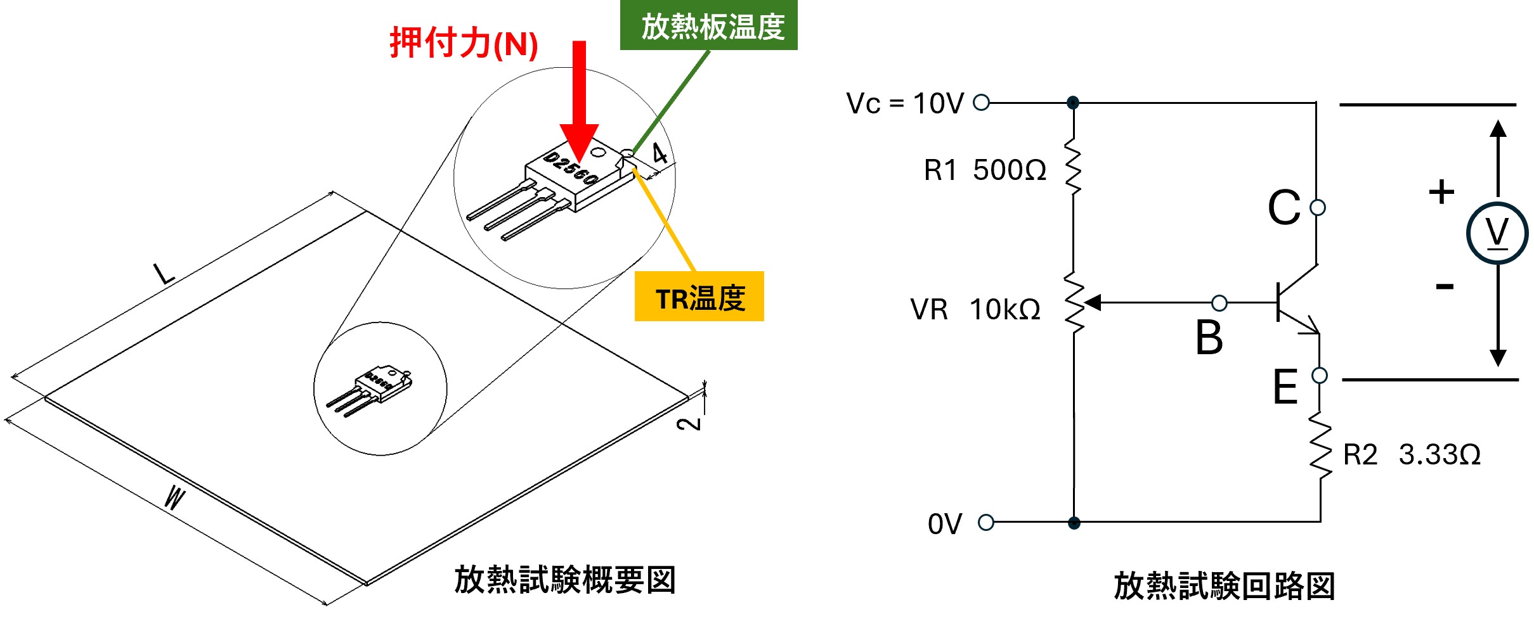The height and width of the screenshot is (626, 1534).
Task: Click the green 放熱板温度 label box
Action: [x=708, y=25]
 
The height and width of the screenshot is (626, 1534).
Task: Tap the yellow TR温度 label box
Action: [x=699, y=297]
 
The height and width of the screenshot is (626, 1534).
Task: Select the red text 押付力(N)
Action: [x=464, y=44]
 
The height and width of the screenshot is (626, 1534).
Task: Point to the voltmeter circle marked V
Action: [x=1497, y=233]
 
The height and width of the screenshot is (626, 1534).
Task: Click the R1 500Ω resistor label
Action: [x=985, y=170]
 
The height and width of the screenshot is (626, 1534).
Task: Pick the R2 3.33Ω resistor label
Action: [x=1412, y=454]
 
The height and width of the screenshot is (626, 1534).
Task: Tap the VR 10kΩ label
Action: [x=975, y=309]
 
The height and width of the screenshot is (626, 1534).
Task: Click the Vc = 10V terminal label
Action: [x=905, y=103]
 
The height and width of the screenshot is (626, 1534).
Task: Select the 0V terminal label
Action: [x=945, y=524]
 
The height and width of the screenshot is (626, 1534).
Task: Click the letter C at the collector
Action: [x=1284, y=207]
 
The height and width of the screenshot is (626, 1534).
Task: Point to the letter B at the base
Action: [x=1209, y=337]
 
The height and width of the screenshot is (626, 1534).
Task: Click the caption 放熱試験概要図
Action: [x=565, y=580]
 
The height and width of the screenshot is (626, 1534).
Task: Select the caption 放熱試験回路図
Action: [x=1225, y=585]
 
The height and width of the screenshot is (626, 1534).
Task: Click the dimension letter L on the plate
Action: [x=164, y=274]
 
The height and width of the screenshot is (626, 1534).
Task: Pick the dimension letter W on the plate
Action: [x=174, y=497]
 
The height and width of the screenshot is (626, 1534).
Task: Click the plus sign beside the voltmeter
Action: [x=1441, y=191]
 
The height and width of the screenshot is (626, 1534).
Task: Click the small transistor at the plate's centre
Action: [x=374, y=386]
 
